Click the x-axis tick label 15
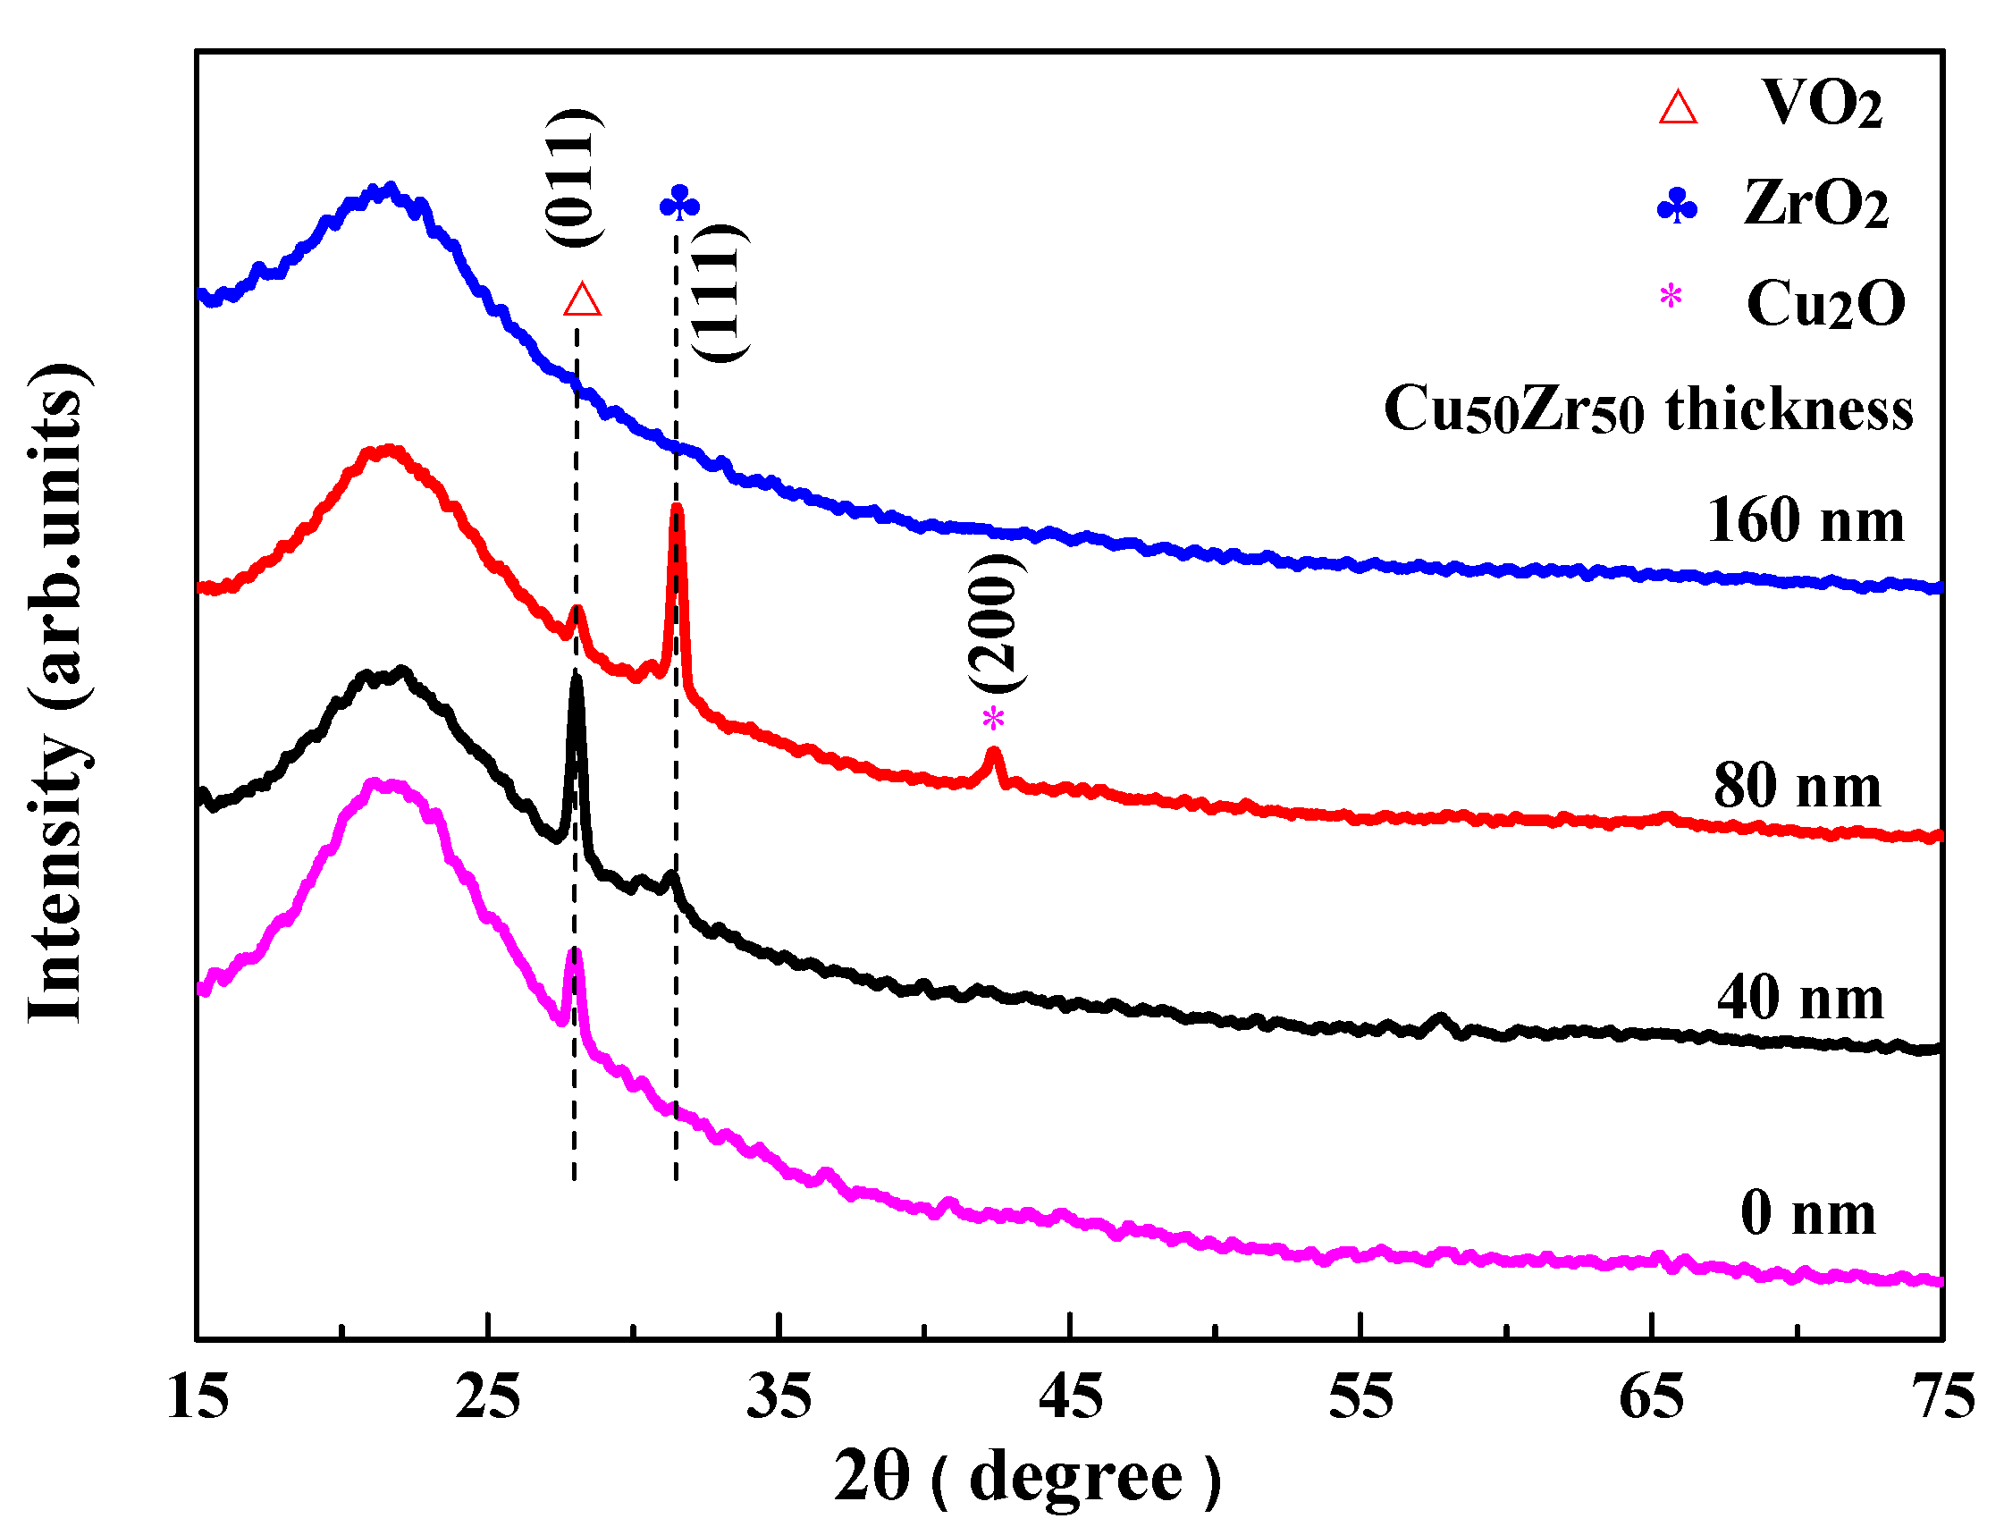(x=198, y=1397)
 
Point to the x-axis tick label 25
(x=488, y=1397)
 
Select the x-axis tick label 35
(x=779, y=1397)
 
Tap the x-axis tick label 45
(x=1071, y=1397)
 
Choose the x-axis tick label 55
(x=1360, y=1397)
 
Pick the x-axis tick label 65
(x=1651, y=1397)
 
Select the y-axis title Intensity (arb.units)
(x=59, y=693)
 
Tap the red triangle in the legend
(x=1678, y=106)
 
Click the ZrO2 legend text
(x=1816, y=204)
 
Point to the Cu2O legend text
(x=1825, y=304)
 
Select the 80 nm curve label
(x=1798, y=786)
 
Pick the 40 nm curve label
(x=1800, y=999)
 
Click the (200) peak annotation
(x=997, y=624)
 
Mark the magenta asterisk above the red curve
(x=993, y=719)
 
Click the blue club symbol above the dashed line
(x=679, y=203)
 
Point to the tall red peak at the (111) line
(x=676, y=513)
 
